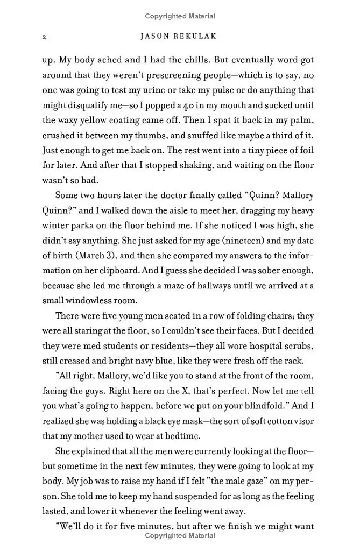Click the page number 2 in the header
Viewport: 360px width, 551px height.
[x=44, y=37]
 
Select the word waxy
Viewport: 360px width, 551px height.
[x=72, y=119]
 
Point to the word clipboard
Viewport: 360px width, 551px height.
[x=110, y=270]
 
